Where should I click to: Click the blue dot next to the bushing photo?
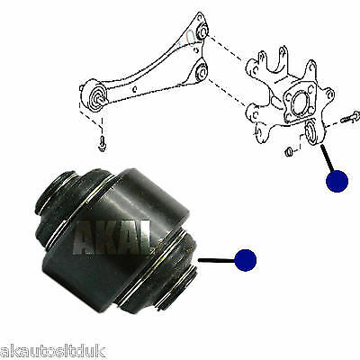point(244,261)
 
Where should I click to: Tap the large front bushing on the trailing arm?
point(94,94)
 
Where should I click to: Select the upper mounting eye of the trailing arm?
point(202,32)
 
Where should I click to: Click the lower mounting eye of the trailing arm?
point(202,70)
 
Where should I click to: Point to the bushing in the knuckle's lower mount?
point(313,134)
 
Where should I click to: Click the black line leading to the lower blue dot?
point(216,261)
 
